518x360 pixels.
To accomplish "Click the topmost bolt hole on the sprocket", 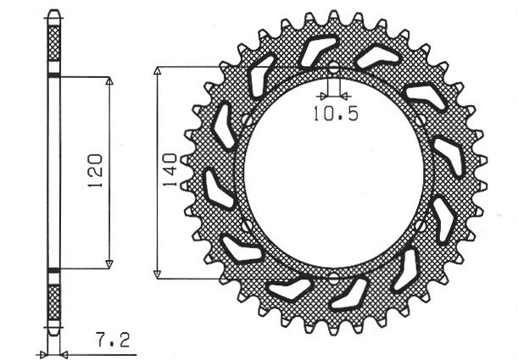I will [333, 68].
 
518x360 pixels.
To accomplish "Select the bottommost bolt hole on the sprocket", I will [333, 278].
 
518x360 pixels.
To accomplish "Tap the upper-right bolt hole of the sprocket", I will [421, 121].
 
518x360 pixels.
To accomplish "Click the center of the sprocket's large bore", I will [333, 173].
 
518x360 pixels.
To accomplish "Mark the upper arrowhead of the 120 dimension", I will [109, 83].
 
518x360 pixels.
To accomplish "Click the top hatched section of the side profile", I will [54, 42].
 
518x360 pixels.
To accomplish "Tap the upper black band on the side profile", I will [54, 76].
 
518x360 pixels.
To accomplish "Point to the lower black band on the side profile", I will [54, 270].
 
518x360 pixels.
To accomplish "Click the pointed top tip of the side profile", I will [54, 12].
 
